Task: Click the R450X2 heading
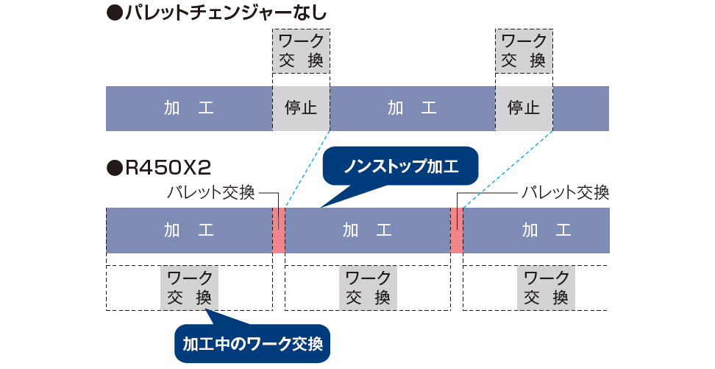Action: [x=159, y=168]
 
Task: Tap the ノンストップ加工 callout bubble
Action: [x=401, y=166]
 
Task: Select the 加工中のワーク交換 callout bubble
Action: [x=252, y=343]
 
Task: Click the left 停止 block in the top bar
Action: [x=301, y=108]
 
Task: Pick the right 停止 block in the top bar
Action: [x=524, y=108]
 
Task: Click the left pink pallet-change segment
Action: [x=279, y=231]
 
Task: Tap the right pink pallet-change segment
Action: [x=457, y=231]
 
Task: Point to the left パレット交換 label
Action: [x=210, y=193]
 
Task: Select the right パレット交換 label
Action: [x=565, y=193]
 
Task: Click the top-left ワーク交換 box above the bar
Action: [x=301, y=51]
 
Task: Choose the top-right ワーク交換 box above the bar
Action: [x=524, y=51]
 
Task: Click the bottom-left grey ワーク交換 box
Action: [x=189, y=288]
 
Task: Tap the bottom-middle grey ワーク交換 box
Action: [x=368, y=288]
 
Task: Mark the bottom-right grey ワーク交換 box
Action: [x=546, y=288]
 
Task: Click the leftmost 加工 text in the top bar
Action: [x=189, y=108]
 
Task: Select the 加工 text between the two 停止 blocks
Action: [x=412, y=108]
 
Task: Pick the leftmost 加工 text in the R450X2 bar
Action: [x=189, y=231]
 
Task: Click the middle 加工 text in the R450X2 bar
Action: [x=368, y=231]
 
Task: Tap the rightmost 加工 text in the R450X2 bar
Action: [x=547, y=231]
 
